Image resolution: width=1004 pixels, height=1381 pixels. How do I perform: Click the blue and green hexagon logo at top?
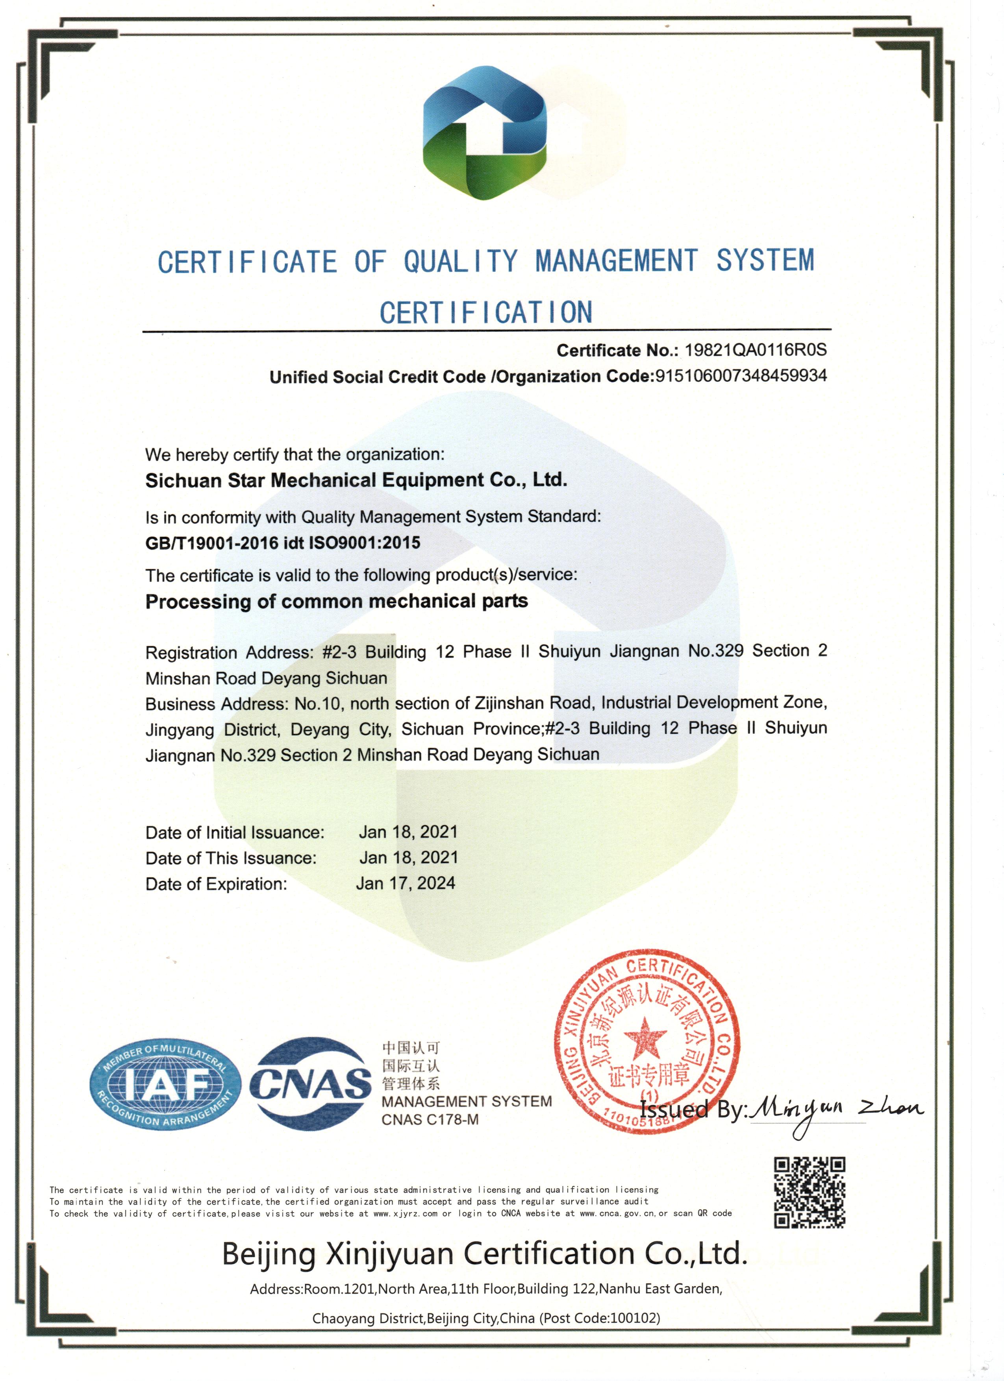tap(485, 133)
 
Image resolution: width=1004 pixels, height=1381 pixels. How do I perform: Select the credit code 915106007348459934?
tap(741, 376)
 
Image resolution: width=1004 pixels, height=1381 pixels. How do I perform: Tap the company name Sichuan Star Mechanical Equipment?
tap(356, 480)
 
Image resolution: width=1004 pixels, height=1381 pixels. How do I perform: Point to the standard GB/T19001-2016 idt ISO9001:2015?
tap(283, 543)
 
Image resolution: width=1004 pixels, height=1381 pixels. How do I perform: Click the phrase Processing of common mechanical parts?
tap(336, 602)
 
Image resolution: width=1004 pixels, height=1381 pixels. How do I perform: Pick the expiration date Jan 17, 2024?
tap(406, 884)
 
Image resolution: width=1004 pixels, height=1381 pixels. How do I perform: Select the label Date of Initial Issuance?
tap(235, 833)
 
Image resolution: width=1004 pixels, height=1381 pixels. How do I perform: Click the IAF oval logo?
tap(165, 1084)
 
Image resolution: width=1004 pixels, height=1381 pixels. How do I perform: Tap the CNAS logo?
tap(311, 1084)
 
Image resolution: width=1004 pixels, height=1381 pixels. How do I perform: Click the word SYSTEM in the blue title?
tap(765, 260)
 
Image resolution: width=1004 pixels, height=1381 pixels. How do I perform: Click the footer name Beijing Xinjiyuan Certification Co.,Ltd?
tap(484, 1254)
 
